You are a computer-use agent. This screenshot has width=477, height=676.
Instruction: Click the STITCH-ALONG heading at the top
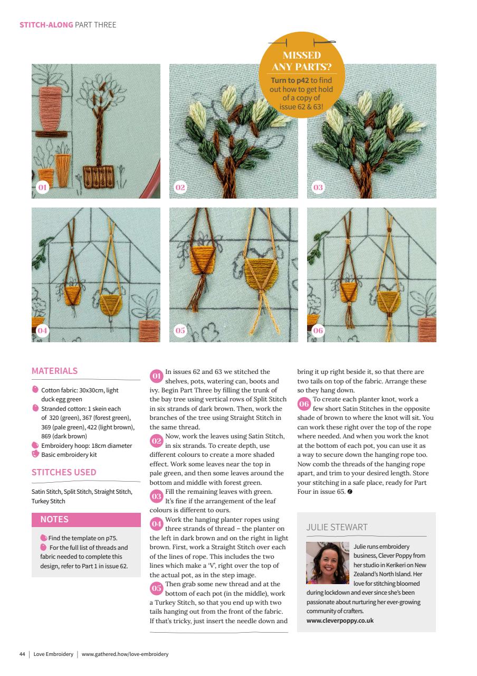point(46,25)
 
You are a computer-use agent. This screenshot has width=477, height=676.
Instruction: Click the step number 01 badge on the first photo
point(42,187)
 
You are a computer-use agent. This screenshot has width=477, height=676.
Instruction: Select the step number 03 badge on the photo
point(318,187)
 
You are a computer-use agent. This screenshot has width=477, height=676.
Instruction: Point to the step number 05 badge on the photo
point(180,331)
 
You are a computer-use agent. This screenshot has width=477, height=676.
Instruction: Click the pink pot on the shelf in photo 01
point(52,105)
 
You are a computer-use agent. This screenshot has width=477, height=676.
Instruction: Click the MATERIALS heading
point(54,371)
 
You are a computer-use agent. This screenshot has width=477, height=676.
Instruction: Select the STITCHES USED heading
point(64,472)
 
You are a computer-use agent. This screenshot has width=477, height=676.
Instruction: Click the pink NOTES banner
point(86,520)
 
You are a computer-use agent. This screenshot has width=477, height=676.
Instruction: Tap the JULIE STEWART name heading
point(337,527)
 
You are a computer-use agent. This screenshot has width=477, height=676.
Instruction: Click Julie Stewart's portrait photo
point(327,563)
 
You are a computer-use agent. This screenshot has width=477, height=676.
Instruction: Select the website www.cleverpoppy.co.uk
point(340,621)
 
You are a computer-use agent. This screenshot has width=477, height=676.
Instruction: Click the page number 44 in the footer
point(22,654)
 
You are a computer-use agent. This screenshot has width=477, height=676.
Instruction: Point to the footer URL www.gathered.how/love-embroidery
point(125,654)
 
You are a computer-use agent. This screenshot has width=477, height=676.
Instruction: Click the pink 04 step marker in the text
point(156,524)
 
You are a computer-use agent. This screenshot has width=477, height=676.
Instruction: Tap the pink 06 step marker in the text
point(304,404)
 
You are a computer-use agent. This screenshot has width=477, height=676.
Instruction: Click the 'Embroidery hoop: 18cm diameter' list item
point(87,445)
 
